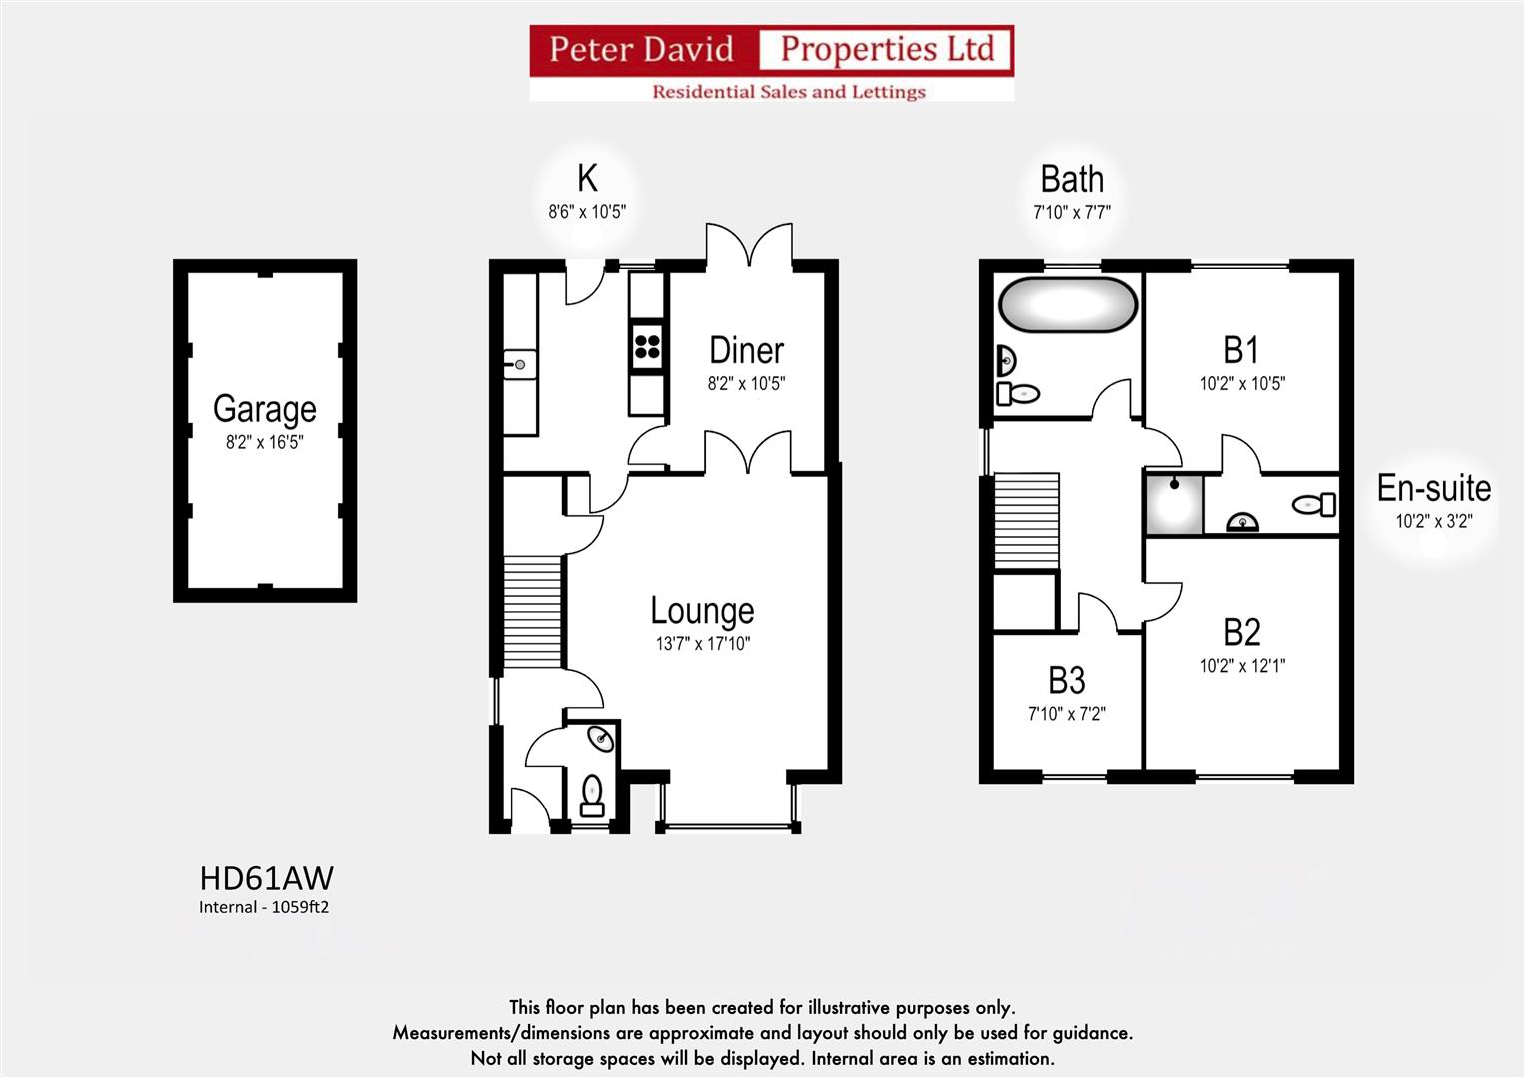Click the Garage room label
coord(264,409)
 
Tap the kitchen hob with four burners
coord(647,345)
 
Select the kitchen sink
coord(519,365)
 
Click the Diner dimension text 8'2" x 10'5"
coord(746,384)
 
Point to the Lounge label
coord(702,610)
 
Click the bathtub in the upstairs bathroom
coord(1067,304)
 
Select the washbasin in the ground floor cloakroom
coord(600,739)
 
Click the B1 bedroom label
coord(1241,350)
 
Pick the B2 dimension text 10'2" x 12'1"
coord(1241,666)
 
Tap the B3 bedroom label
coord(1066,681)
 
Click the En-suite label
coord(1433,488)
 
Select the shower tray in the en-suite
coord(1173,505)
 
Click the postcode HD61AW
coord(266,878)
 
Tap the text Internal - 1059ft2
coord(264,907)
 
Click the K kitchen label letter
coord(587,179)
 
